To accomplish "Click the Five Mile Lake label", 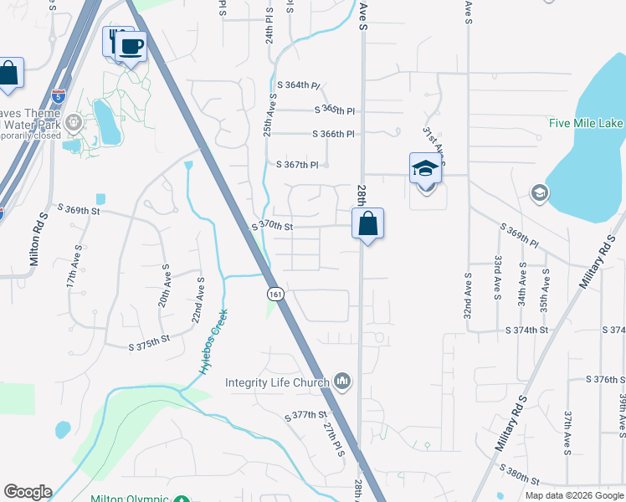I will click(x=586, y=123).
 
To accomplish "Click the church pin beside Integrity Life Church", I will click(x=341, y=382).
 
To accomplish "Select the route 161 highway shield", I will click(x=275, y=294).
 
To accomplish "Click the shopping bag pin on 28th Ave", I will click(x=367, y=223).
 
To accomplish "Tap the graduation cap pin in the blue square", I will click(x=425, y=169).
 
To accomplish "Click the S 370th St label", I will click(x=273, y=226).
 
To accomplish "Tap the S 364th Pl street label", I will click(x=299, y=85).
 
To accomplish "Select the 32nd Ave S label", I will click(x=466, y=295).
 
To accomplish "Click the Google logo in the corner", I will click(x=28, y=492).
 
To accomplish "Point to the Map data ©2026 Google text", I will click(x=574, y=495).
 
